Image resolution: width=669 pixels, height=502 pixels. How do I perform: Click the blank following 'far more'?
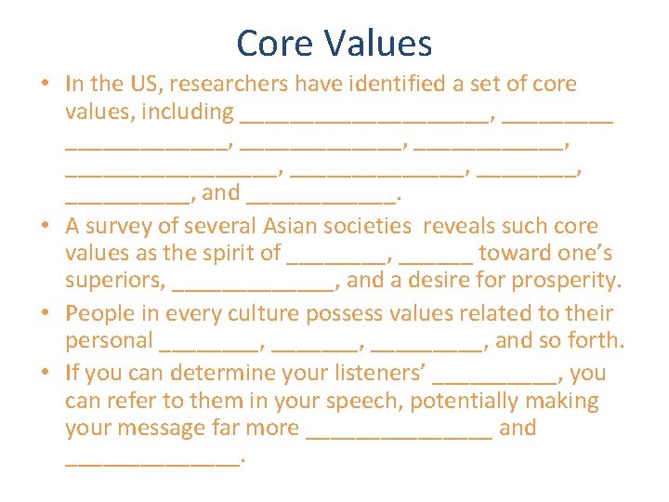tap(399, 434)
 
